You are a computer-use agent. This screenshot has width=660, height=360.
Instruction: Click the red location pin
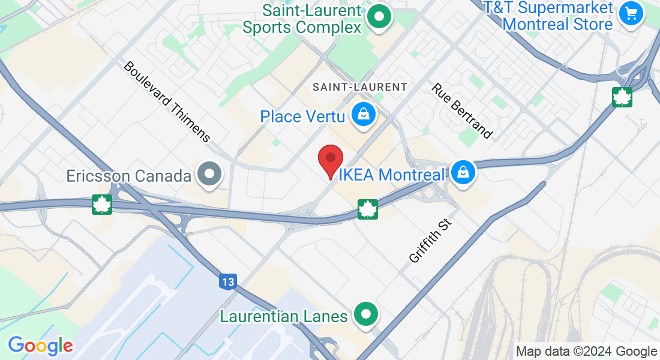point(330,160)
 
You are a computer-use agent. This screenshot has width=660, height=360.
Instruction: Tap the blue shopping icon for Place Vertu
point(363,114)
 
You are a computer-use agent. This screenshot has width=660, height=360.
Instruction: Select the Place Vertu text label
point(302,116)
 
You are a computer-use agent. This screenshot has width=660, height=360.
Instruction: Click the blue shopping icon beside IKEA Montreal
point(463,173)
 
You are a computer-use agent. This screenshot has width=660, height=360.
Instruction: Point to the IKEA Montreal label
point(393,175)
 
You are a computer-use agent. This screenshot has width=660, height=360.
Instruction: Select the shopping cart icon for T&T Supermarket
point(631,13)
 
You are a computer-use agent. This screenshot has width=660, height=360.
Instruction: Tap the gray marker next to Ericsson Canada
point(210,175)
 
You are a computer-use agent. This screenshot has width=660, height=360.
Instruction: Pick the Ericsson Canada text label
point(129,176)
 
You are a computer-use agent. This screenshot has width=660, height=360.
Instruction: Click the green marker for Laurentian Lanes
point(365,314)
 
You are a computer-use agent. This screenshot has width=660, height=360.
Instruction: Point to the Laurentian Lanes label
point(284,316)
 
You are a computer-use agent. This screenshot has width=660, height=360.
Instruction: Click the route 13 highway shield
point(228,281)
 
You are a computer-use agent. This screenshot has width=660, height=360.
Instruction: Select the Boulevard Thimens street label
point(167,101)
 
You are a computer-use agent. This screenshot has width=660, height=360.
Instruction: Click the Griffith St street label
point(430,241)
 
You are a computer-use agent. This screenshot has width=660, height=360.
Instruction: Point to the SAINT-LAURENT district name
point(360,87)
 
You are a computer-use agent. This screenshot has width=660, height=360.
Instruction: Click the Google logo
point(41,346)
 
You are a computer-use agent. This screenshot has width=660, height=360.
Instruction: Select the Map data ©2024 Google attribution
point(587,351)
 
